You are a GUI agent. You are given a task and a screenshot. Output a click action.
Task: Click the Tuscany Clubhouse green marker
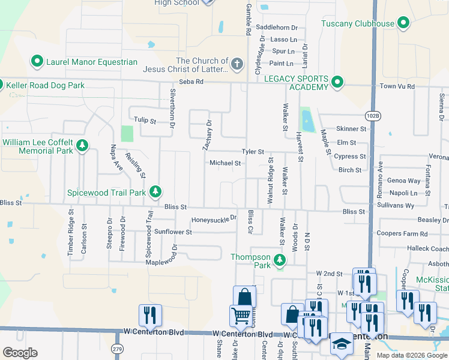[404, 24]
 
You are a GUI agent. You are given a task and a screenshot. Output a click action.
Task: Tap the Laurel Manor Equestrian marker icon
[37, 61]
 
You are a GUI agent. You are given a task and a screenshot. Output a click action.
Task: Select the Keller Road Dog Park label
[46, 85]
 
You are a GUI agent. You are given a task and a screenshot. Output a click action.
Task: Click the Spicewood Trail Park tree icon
[156, 192]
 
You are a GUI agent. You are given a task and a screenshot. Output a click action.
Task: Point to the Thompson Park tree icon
[279, 260]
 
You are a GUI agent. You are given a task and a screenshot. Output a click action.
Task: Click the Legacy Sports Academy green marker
[338, 82]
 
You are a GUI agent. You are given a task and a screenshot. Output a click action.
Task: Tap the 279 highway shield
[117, 348]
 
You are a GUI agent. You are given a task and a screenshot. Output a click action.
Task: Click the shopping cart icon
[240, 314]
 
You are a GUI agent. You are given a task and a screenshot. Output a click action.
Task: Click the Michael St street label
[225, 163]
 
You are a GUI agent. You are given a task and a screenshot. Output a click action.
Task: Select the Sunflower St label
[173, 232]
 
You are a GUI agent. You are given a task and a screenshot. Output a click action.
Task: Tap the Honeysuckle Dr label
[214, 220]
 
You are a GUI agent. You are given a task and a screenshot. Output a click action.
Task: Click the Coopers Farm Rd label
[402, 233]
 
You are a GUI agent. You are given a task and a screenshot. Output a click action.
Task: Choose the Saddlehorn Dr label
[277, 28]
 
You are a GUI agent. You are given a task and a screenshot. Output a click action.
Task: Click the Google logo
[20, 352]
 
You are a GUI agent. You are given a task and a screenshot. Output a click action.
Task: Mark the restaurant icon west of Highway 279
[150, 314]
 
